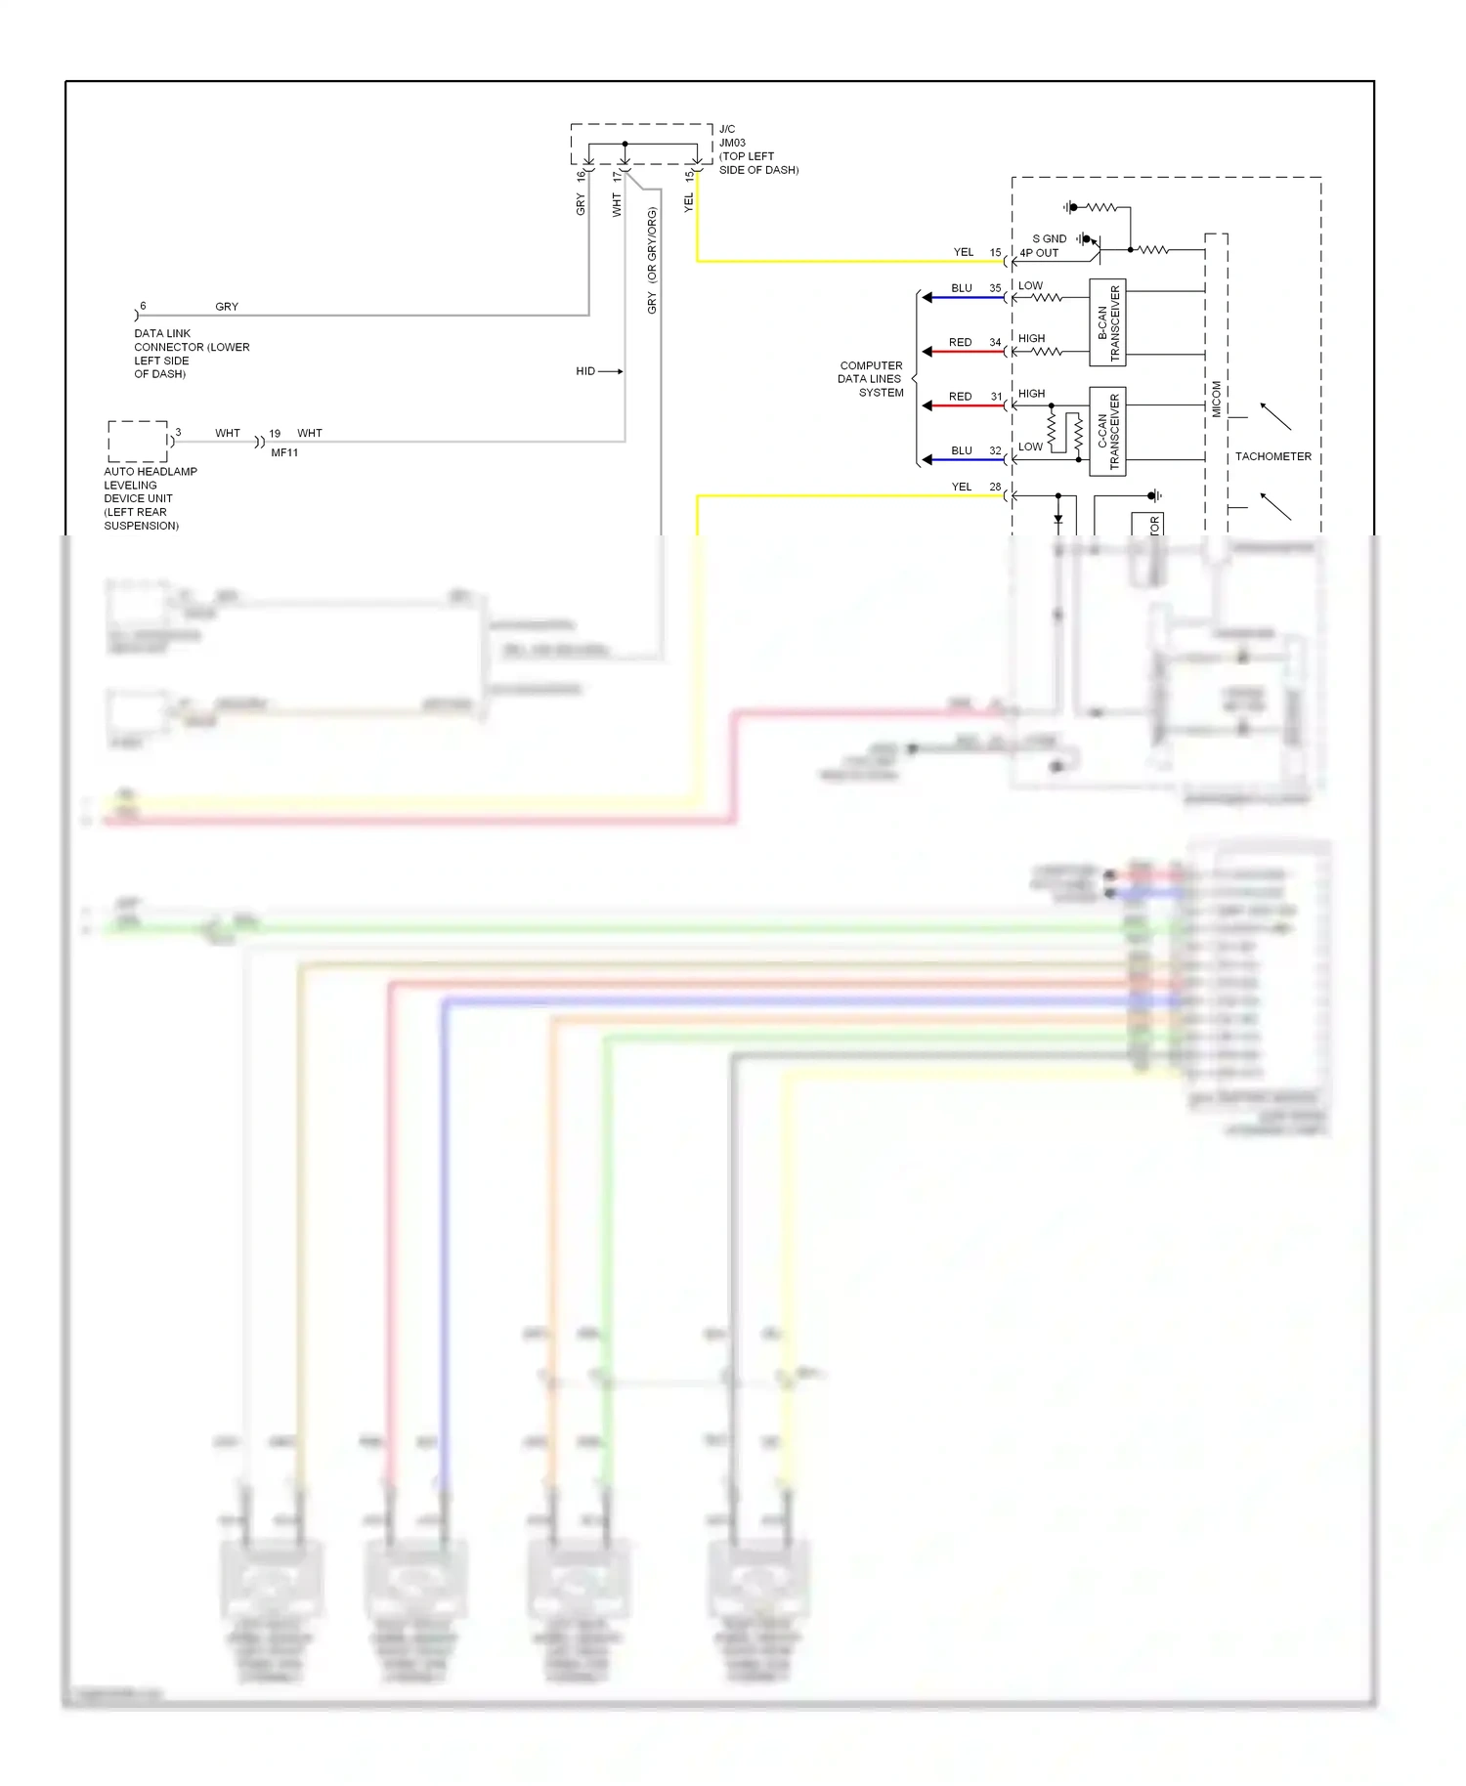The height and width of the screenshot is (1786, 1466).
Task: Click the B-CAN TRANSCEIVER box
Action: pos(1107,322)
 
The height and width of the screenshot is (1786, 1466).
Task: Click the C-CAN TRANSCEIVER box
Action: pos(1107,432)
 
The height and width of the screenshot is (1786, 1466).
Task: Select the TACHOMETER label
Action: pos(1272,456)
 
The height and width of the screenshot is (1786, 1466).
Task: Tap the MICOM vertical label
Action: pos(1217,399)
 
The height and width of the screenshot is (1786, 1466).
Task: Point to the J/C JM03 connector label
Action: pos(757,149)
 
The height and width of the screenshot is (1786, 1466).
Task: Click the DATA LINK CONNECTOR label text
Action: pos(191,354)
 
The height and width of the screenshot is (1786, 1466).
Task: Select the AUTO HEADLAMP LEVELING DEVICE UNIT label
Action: pos(150,498)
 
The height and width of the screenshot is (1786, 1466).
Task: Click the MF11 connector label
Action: pos(284,452)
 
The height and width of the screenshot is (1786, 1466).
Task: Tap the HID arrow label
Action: pos(585,371)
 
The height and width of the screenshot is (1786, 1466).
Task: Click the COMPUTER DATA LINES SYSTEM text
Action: pos(871,379)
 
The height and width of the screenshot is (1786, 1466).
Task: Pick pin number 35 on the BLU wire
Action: pos(995,288)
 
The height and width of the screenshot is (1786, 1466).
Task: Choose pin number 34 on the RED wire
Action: pos(995,342)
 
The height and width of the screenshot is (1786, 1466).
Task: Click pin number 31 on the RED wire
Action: pos(996,397)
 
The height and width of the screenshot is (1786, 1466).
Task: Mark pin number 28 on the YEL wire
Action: pos(995,487)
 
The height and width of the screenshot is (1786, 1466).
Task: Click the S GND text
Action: pos(1050,238)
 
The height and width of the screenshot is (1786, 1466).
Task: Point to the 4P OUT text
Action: pos(1039,253)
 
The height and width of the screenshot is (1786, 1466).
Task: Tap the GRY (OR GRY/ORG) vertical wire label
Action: pos(652,260)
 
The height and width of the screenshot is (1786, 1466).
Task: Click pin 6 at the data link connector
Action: pos(143,306)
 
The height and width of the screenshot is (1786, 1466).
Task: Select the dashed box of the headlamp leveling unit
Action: pos(138,442)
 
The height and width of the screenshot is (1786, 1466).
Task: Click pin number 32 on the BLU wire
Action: pos(995,450)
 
